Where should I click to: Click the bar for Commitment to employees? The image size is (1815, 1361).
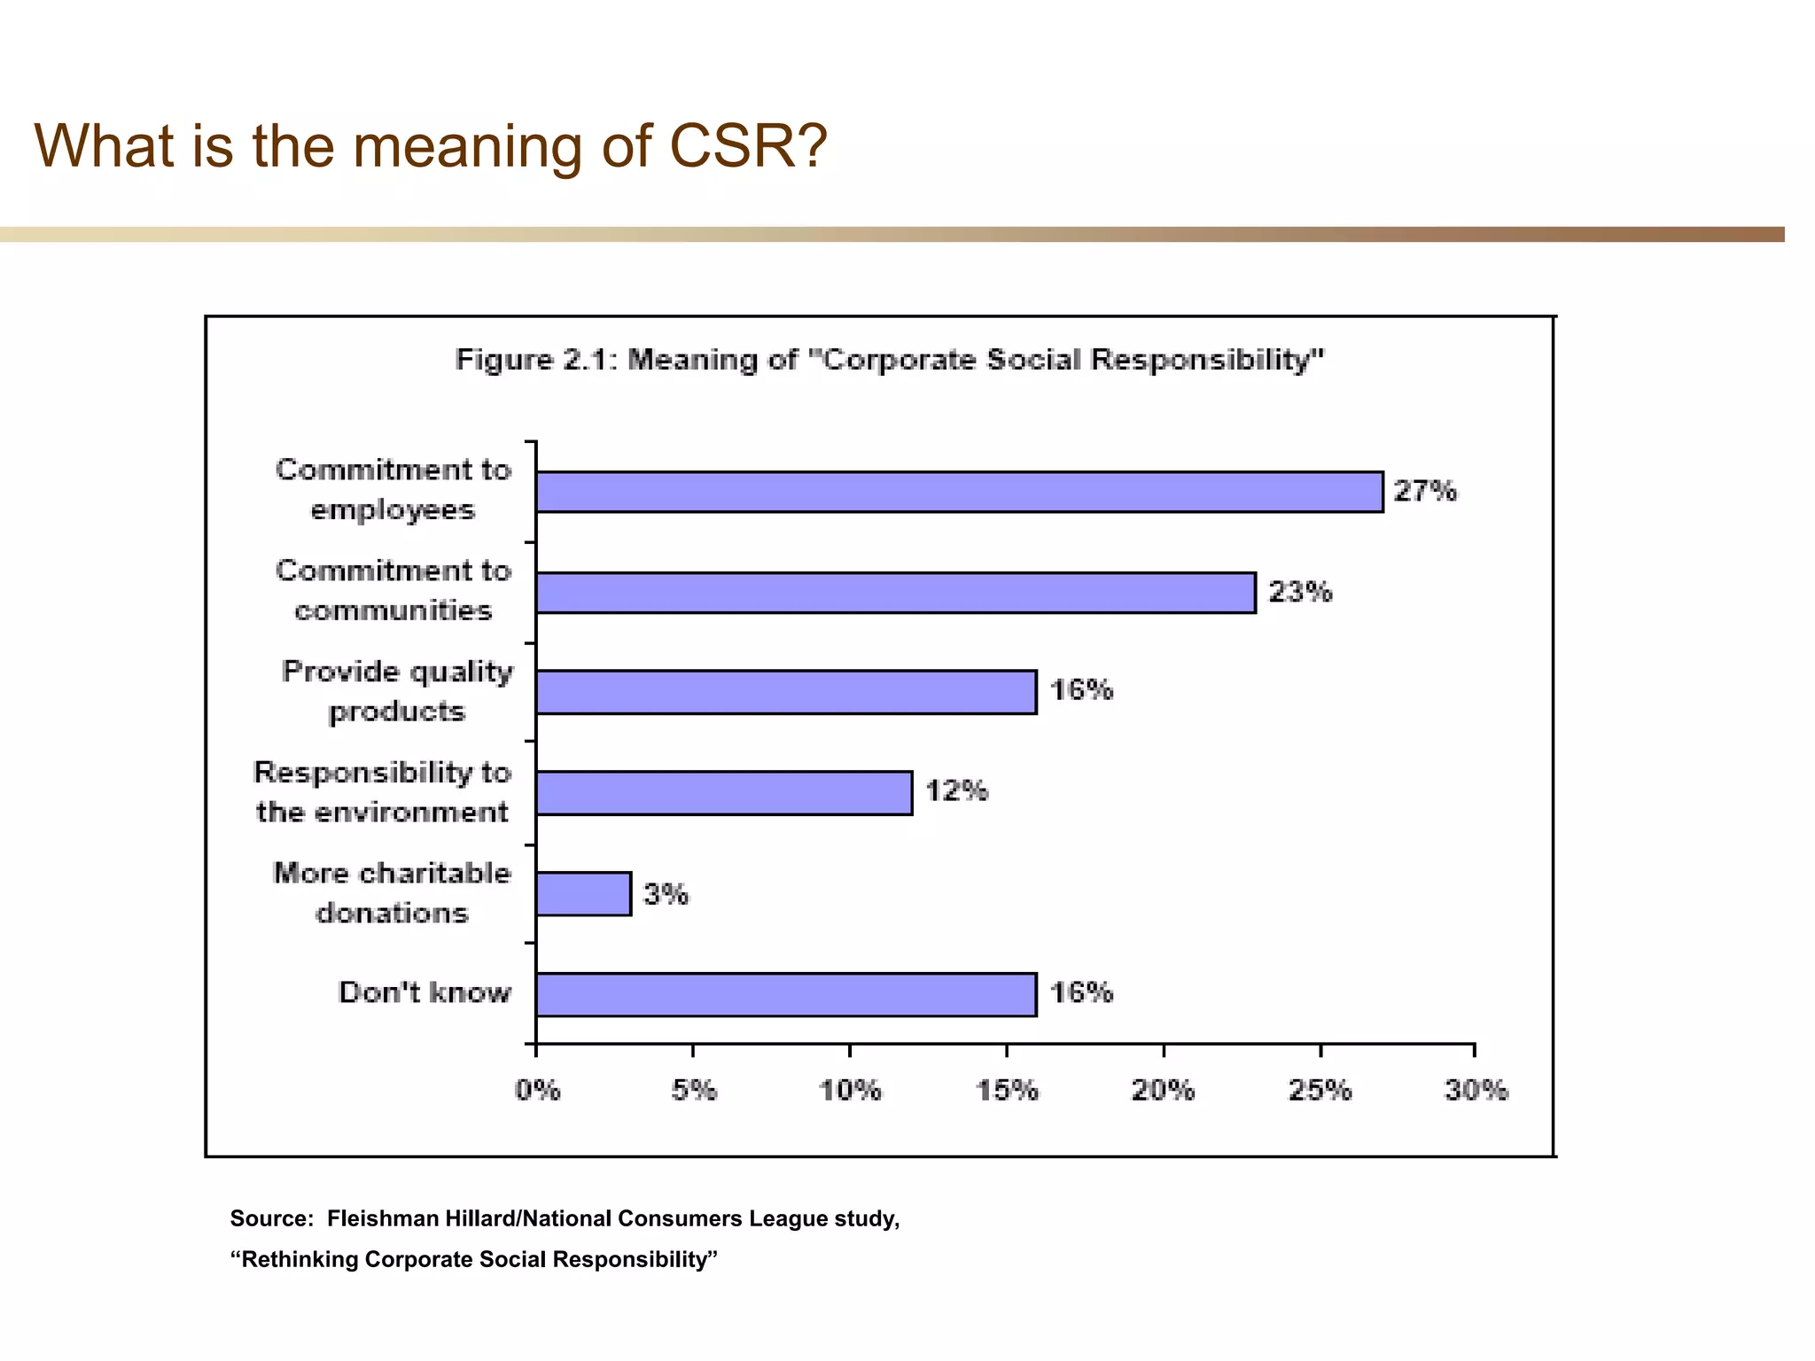pyautogui.click(x=959, y=492)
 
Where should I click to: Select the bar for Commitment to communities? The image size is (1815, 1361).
pyautogui.click(x=895, y=593)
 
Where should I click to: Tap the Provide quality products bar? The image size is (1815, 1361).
pyautogui.click(x=786, y=692)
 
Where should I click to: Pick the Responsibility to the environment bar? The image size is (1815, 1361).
pyautogui.click(x=724, y=793)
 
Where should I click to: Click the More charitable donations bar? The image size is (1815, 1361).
pyautogui.click(x=583, y=894)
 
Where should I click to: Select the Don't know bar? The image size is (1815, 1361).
pyautogui.click(x=786, y=994)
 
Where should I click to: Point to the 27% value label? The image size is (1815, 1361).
pyautogui.click(x=1424, y=491)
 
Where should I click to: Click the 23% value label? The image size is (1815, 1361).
pyautogui.click(x=1299, y=592)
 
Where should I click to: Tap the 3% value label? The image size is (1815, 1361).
pyautogui.click(x=666, y=894)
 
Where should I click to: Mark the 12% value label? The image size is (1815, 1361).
pyautogui.click(x=956, y=790)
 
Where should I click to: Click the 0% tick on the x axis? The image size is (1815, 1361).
pyautogui.click(x=537, y=1090)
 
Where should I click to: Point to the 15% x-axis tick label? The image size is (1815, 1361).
pyautogui.click(x=1007, y=1090)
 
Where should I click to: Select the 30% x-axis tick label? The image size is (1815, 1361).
pyautogui.click(x=1476, y=1090)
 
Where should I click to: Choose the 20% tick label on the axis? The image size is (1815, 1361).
pyautogui.click(x=1163, y=1090)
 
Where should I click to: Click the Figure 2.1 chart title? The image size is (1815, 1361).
pyautogui.click(x=889, y=360)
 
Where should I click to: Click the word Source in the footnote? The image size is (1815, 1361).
pyautogui.click(x=270, y=1218)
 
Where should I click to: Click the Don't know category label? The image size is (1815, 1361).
pyautogui.click(x=425, y=992)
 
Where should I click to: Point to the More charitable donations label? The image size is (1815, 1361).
pyautogui.click(x=392, y=893)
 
